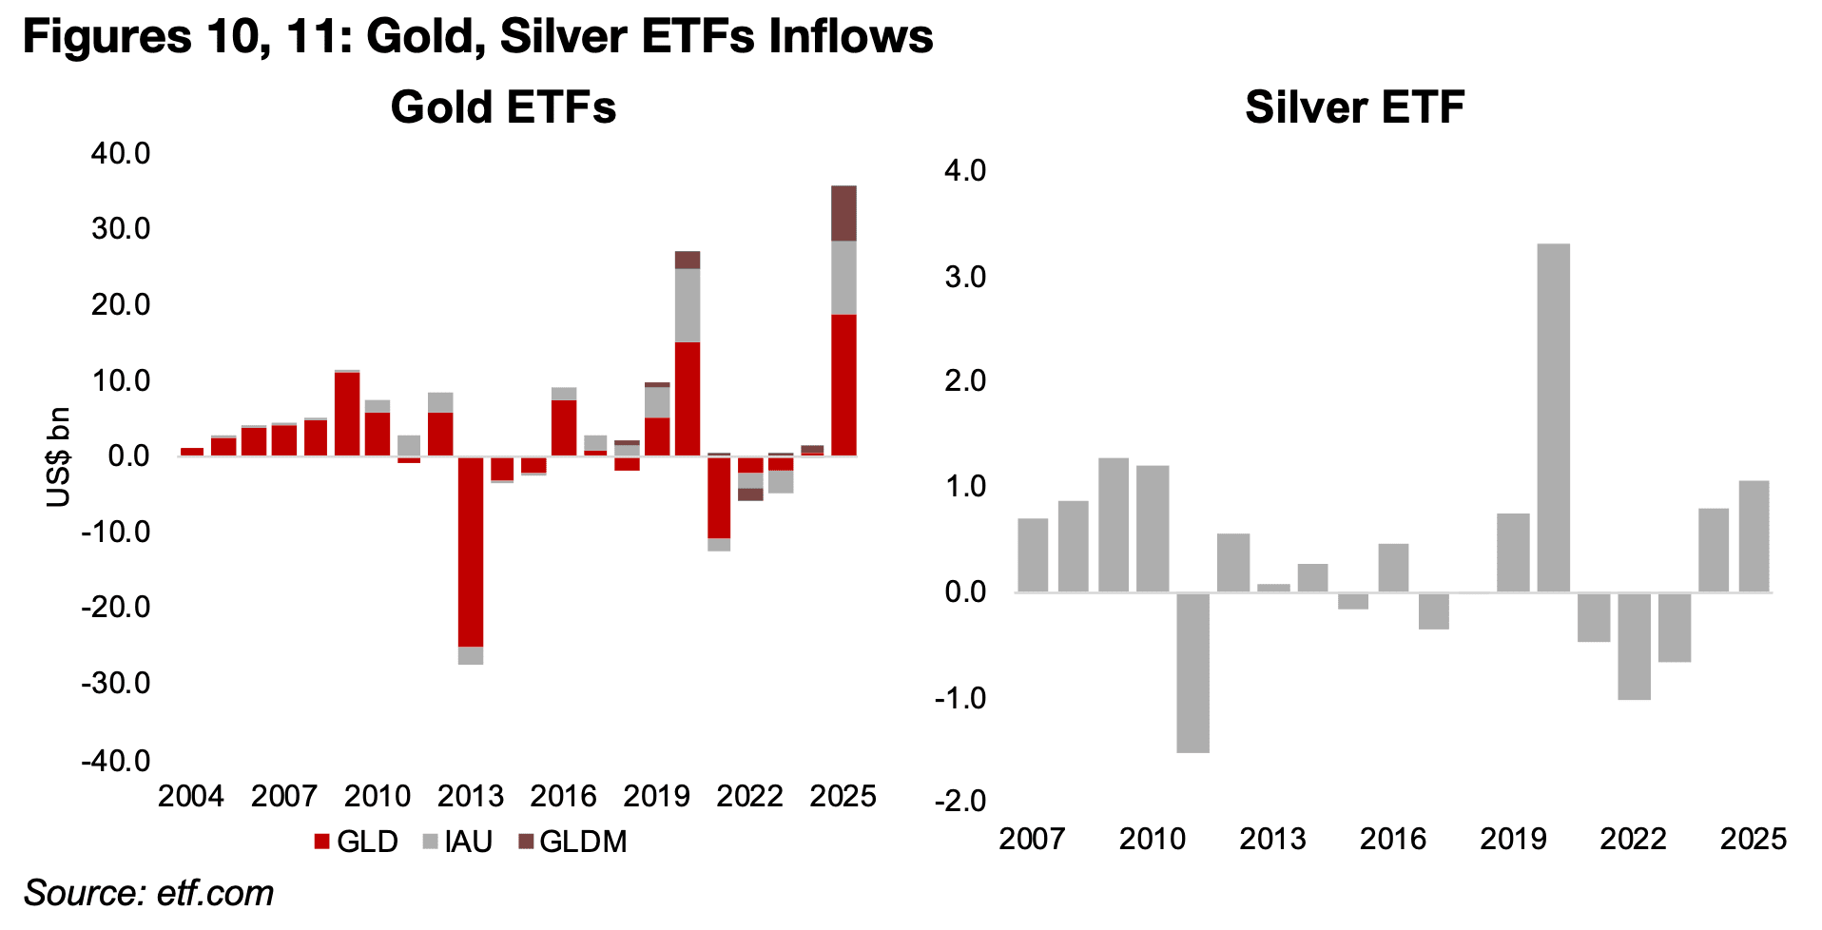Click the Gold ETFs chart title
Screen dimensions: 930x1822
(503, 107)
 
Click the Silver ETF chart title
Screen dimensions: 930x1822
(1354, 107)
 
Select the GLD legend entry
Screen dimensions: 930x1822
(356, 842)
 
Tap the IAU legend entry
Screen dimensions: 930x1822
(457, 842)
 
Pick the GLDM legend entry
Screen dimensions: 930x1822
(572, 842)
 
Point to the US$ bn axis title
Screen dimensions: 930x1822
(59, 456)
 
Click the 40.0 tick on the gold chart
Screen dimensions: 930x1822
(121, 153)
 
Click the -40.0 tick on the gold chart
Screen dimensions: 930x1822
(116, 761)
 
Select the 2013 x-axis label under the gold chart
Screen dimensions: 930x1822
(471, 796)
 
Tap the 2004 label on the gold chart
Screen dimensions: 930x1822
(191, 796)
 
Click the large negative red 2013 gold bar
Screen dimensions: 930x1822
(471, 552)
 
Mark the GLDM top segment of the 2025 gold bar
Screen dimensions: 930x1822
(843, 213)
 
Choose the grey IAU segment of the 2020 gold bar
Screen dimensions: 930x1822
(688, 305)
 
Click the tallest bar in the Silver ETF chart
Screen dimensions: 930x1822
(1553, 418)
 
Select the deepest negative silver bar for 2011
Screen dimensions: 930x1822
(1192, 672)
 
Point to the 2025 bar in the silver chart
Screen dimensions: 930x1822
(1754, 536)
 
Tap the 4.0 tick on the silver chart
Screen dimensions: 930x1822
(964, 171)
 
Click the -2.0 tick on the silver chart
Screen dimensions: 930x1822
(960, 802)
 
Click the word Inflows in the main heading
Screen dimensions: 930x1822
(851, 36)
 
